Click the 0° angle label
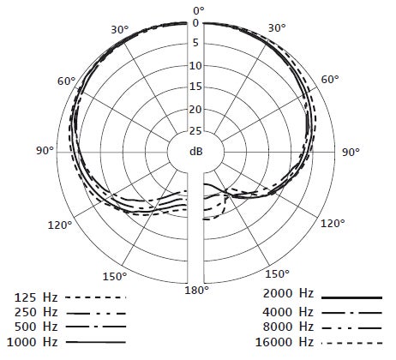199,11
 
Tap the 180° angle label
196,291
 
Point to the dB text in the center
196,151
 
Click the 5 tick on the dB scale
195,43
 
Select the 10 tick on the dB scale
195,66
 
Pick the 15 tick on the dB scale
195,87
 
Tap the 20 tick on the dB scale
195,109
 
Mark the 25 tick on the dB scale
195,131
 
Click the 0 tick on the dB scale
195,23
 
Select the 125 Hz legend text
36,297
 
